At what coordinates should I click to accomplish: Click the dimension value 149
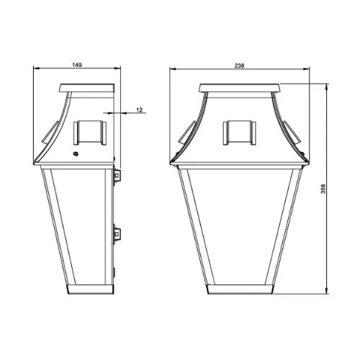[77, 65]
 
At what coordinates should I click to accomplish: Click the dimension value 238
[239, 66]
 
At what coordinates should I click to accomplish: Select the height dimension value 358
[323, 189]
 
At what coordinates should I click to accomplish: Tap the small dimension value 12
[140, 110]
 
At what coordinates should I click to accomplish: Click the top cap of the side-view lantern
[87, 88]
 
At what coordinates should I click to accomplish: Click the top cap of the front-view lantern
[240, 88]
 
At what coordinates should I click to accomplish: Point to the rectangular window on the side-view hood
[90, 132]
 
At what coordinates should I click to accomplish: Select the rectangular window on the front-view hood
[239, 132]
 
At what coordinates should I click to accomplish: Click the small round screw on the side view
[76, 153]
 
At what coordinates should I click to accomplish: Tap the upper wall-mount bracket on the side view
[117, 176]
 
